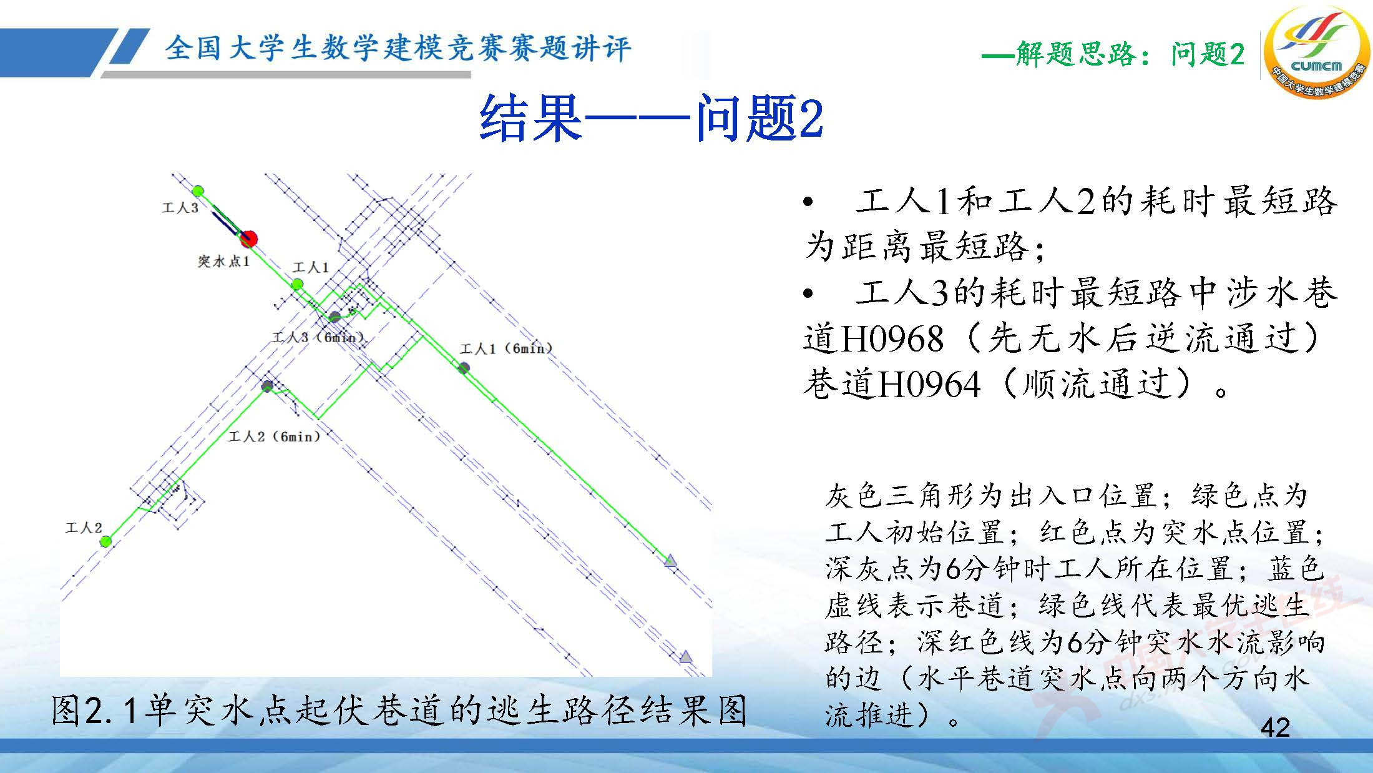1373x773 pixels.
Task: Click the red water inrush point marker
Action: (248, 238)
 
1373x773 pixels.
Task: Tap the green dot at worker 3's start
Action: (198, 190)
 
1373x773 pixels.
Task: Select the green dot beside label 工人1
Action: (298, 285)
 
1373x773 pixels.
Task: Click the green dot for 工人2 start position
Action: (106, 541)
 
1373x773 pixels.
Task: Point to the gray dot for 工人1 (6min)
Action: (464, 368)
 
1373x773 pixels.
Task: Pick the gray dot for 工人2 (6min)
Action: (267, 386)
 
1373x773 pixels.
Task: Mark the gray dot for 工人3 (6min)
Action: (335, 317)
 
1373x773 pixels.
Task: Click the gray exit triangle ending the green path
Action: (671, 561)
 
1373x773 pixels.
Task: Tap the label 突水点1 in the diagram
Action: (223, 261)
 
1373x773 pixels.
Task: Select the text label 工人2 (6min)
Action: (274, 436)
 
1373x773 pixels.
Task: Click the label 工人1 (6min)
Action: (506, 348)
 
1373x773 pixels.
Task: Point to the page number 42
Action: (1275, 727)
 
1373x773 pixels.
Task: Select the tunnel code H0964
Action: (929, 384)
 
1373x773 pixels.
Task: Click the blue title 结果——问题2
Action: (651, 119)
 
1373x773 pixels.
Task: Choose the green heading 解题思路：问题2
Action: (1112, 54)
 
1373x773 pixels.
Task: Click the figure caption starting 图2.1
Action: (399, 711)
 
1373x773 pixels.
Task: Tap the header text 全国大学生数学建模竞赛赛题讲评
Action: (398, 48)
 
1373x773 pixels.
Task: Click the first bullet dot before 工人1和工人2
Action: (809, 202)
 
